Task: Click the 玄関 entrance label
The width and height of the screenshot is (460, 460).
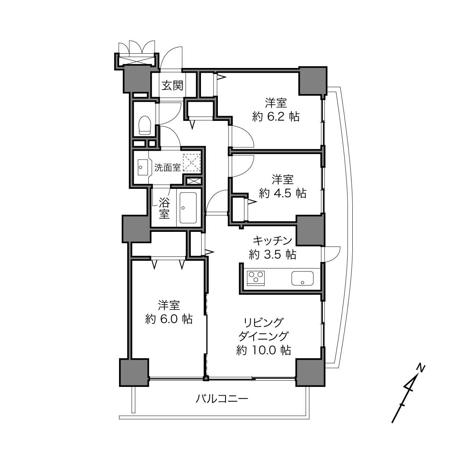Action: pyautogui.click(x=172, y=86)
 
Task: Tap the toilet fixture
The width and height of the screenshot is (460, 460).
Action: pyautogui.click(x=145, y=125)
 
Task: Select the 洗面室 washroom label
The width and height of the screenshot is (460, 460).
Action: pyautogui.click(x=167, y=168)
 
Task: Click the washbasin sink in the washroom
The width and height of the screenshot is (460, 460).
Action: pyautogui.click(x=143, y=167)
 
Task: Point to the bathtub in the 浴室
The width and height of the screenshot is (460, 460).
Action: pyautogui.click(x=188, y=208)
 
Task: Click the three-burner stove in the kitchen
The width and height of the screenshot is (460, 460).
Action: pyautogui.click(x=256, y=278)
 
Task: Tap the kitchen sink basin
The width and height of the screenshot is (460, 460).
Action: pyautogui.click(x=302, y=278)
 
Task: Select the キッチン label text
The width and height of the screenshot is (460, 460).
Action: pyautogui.click(x=273, y=241)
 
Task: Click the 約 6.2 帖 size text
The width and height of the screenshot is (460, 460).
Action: pyautogui.click(x=276, y=117)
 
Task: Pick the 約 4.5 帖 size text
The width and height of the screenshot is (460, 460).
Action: pyautogui.click(x=283, y=193)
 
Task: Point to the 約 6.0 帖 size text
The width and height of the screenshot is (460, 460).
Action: pyautogui.click(x=169, y=319)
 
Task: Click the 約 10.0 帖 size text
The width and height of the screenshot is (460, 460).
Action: pyautogui.click(x=263, y=350)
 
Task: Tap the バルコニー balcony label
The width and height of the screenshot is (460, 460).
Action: pyautogui.click(x=222, y=399)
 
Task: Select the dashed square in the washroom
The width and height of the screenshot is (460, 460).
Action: pyautogui.click(x=191, y=162)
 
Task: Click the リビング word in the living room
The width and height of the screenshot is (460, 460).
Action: pyautogui.click(x=263, y=323)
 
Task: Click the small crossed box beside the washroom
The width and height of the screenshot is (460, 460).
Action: pyautogui.click(x=194, y=181)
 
